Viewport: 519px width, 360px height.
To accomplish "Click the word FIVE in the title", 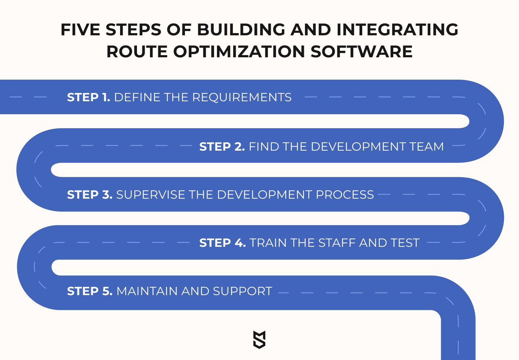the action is click(80, 30).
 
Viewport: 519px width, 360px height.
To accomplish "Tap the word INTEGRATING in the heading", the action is click(397, 30).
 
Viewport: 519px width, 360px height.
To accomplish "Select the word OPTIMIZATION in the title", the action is click(239, 51).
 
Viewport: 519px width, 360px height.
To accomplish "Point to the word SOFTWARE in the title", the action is click(361, 51).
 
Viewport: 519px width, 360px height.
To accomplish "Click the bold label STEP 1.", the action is click(89, 97).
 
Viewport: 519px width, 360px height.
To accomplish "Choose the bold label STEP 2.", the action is click(222, 146).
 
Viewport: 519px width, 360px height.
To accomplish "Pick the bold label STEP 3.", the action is click(90, 194).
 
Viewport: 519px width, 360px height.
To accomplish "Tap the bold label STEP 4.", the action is click(222, 243).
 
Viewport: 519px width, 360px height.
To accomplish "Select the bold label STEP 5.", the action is click(90, 291).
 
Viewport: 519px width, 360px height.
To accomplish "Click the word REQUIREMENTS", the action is click(242, 97).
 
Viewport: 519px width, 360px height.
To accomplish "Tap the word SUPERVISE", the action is click(151, 194).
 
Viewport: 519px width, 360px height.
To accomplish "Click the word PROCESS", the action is click(345, 194).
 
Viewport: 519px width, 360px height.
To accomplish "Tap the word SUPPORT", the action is click(243, 291).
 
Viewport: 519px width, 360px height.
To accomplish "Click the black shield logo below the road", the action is click(259, 339).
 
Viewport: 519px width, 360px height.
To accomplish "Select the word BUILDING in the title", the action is click(241, 30).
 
